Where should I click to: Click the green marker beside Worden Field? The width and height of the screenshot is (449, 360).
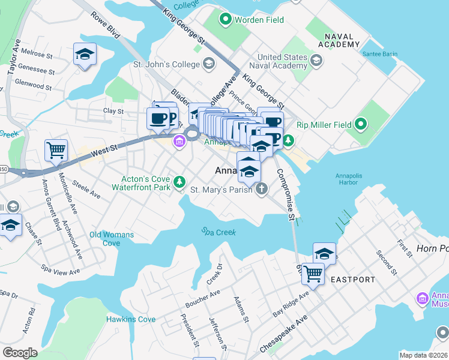(x=226, y=20)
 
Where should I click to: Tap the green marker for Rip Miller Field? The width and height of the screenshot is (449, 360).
(x=360, y=125)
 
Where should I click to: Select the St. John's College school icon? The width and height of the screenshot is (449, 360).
(x=209, y=62)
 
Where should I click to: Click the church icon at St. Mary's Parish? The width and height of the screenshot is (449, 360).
(x=261, y=190)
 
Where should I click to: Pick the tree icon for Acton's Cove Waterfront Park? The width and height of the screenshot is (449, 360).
(x=179, y=181)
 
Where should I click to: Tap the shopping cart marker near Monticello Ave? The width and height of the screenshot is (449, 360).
(x=56, y=150)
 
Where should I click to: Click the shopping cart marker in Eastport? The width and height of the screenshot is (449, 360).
(x=313, y=274)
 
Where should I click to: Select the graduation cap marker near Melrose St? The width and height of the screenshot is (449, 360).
(x=85, y=55)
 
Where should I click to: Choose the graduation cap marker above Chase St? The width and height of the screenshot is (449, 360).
(x=10, y=226)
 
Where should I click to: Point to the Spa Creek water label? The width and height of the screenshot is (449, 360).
(x=218, y=232)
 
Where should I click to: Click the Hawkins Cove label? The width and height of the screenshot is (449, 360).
(x=131, y=319)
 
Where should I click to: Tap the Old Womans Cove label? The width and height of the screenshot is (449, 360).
(x=112, y=239)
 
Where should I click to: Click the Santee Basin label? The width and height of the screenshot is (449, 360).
(x=379, y=54)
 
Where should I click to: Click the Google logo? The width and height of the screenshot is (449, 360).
(x=20, y=352)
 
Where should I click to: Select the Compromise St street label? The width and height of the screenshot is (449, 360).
(x=285, y=193)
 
